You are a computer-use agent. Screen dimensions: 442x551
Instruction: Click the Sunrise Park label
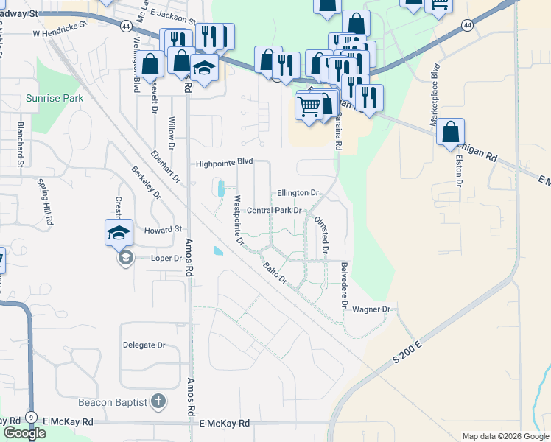(55, 98)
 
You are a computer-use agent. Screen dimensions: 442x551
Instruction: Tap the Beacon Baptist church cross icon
(157, 401)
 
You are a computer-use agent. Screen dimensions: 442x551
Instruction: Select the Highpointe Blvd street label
(224, 163)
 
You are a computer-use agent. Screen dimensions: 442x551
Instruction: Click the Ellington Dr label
(298, 193)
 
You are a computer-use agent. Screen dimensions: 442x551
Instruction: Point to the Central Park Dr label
(274, 211)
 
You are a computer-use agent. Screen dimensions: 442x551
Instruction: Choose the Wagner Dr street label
(371, 309)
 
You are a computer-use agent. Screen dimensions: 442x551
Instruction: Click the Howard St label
(163, 229)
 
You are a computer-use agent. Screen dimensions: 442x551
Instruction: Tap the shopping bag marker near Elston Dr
(451, 133)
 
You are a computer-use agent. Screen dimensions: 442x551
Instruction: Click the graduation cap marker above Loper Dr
(119, 234)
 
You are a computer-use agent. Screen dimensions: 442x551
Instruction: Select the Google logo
(24, 433)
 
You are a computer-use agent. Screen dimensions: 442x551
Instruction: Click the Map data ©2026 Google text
(505, 436)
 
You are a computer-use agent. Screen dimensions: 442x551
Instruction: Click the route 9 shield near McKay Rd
(31, 418)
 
